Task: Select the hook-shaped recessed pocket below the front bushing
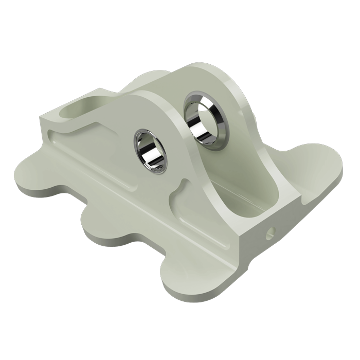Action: point(177,198)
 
